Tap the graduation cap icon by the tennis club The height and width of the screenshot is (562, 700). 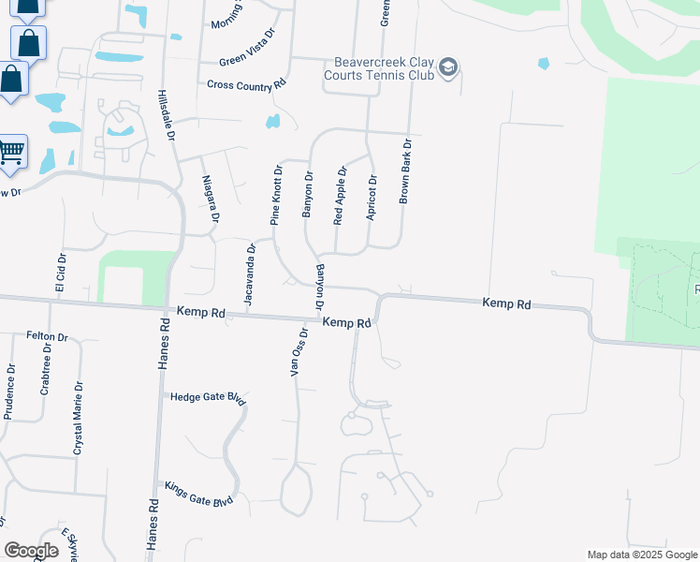(x=448, y=67)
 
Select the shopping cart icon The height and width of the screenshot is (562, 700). (x=11, y=151)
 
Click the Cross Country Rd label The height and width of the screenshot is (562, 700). (x=246, y=84)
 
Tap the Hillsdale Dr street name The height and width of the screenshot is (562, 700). (x=167, y=116)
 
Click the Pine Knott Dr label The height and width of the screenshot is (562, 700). (x=276, y=196)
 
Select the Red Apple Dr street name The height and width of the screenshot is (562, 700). (x=340, y=196)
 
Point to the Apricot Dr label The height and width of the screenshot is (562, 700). (x=372, y=198)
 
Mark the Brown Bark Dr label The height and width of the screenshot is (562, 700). (x=405, y=172)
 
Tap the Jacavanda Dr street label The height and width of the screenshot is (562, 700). (x=249, y=274)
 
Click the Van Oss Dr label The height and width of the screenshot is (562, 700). (x=299, y=352)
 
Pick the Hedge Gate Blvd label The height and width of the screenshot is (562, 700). (x=208, y=397)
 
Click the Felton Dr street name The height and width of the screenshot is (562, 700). (x=48, y=336)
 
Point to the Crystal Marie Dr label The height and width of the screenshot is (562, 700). (x=78, y=418)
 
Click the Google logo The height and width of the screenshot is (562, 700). (x=31, y=551)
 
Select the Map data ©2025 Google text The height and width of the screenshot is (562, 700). (x=640, y=555)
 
